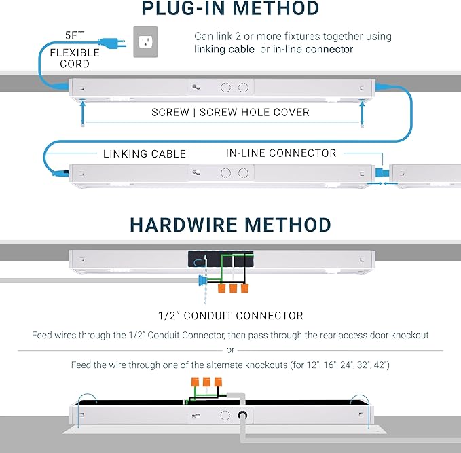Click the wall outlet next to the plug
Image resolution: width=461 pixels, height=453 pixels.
pos(144,41)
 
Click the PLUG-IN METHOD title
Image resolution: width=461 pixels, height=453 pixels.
pos(230,10)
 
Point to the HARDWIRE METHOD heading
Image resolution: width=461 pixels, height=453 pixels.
pos(230,224)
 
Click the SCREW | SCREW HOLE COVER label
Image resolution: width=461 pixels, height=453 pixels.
pos(230,112)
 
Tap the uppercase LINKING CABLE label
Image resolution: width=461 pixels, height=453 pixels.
pos(144,153)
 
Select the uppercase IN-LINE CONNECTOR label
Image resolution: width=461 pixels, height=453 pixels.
pos(281,153)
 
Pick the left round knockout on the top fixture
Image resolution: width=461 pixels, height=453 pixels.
pos(226,88)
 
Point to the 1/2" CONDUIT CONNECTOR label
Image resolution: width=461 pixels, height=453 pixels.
pos(230,316)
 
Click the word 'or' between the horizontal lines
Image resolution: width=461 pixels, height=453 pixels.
pos(230,350)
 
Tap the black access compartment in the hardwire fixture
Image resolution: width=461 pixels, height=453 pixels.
pos(221,259)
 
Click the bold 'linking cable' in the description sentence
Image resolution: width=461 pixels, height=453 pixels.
pos(225,49)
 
